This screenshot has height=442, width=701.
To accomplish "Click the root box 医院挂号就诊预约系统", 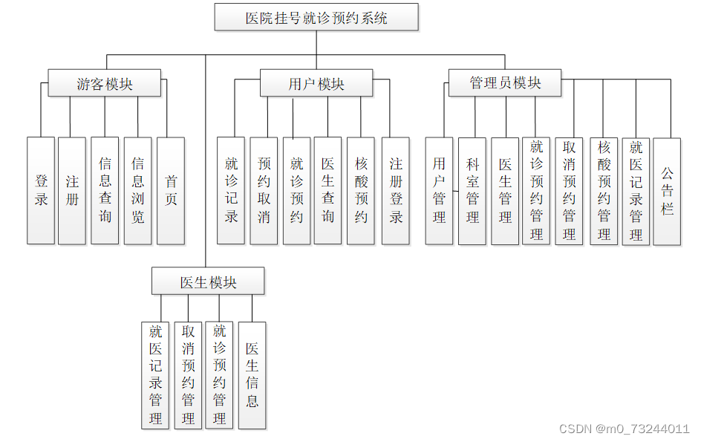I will coord(316,17).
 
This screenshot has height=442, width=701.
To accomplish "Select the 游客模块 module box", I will coord(105,83).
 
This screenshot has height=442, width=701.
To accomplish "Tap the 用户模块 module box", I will coord(316,83).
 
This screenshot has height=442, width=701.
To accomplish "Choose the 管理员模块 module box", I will coord(505,82).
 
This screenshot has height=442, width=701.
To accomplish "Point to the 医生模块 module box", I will coord(208,282).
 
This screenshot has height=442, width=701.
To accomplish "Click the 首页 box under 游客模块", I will coord(171,190).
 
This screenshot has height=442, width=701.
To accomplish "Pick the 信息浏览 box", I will coord(137,190).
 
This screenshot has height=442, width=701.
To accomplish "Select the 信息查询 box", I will coord(105,190).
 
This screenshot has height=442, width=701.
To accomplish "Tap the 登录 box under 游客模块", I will coord(41,190).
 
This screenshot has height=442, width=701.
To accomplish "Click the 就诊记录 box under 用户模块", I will coord(231,190).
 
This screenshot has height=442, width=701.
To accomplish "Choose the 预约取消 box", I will coord(264,190).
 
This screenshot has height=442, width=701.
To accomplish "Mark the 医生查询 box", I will coord(327,190).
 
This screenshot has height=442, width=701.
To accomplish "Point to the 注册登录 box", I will coord(396,190).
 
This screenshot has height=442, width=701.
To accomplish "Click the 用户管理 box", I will coord(439,190).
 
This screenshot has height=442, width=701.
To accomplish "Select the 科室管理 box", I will coord(472,190).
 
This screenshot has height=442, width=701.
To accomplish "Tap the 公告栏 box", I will coord(667,190).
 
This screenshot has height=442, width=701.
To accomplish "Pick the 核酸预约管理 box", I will coord(604,190).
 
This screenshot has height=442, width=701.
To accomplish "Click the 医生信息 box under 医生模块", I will coord(252,375).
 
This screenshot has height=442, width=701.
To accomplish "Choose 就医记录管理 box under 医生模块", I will coord(155,375).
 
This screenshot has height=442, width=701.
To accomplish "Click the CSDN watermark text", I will coord(624,429).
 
